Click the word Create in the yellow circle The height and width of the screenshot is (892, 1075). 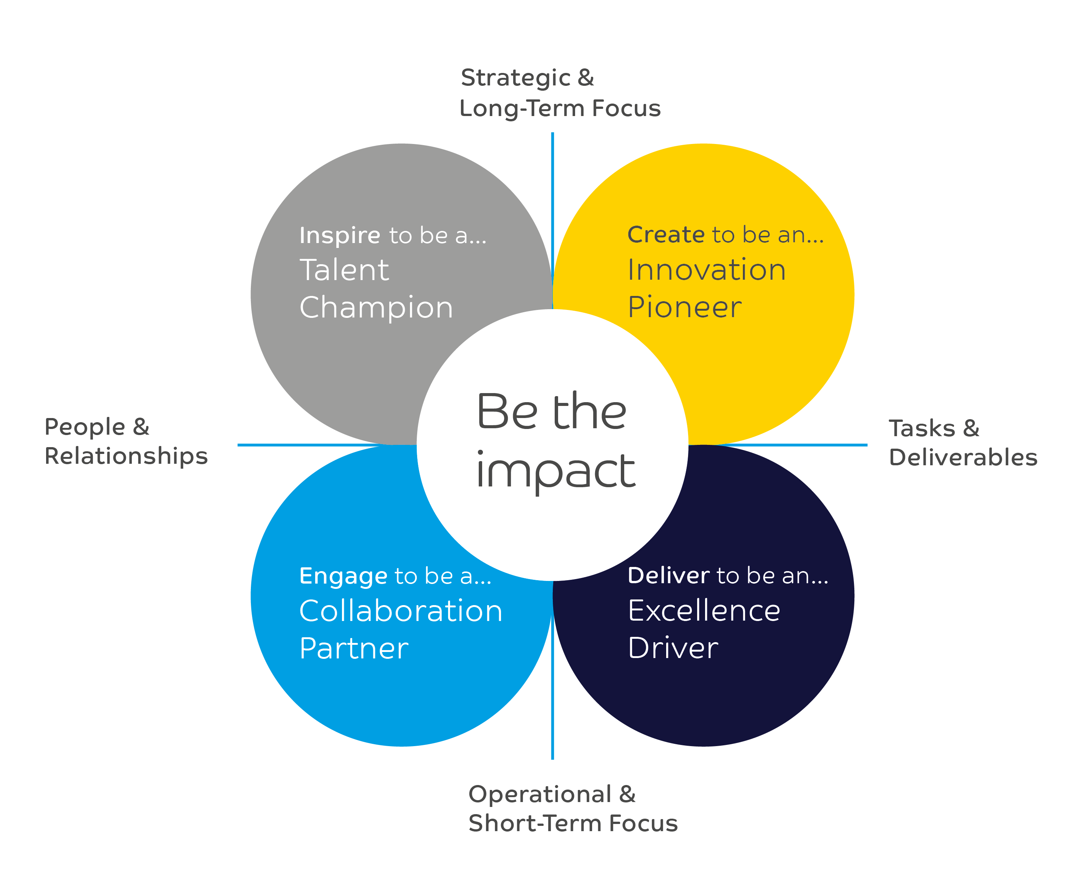pyautogui.click(x=665, y=235)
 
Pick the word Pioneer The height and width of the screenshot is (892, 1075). pyautogui.click(x=684, y=307)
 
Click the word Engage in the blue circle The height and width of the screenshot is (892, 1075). pyautogui.click(x=343, y=576)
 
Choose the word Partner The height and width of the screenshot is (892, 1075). pyautogui.click(x=354, y=648)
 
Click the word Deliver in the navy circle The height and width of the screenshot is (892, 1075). pyautogui.click(x=668, y=576)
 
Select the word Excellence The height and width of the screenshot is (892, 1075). pyautogui.click(x=704, y=610)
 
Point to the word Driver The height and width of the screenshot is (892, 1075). pyautogui.click(x=673, y=648)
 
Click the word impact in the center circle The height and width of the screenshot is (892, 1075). pyautogui.click(x=555, y=472)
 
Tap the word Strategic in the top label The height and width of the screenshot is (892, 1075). pyautogui.click(x=515, y=78)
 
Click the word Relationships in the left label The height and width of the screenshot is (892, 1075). pyautogui.click(x=126, y=456)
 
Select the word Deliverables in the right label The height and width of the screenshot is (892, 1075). pyautogui.click(x=963, y=457)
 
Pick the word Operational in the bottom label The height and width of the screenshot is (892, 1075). pyautogui.click(x=540, y=794)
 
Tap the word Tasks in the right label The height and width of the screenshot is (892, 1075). pyautogui.click(x=922, y=429)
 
